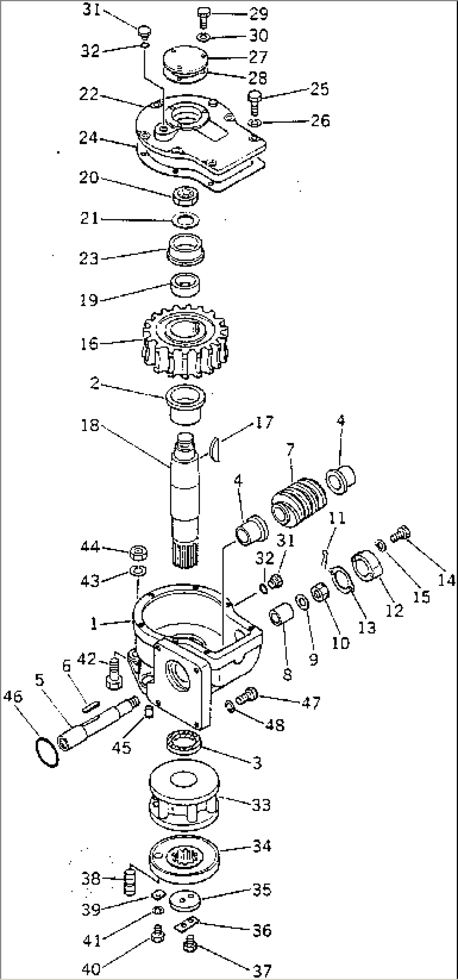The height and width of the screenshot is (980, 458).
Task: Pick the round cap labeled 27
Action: coord(185,61)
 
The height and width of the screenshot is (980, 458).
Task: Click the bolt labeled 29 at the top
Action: coord(203,18)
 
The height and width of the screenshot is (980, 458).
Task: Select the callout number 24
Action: coord(89,138)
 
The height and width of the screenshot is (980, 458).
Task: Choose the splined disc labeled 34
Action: coord(184,859)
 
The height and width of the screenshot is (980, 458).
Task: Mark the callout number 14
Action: coord(445,580)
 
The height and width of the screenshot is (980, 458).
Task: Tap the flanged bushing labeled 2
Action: coord(185,401)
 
